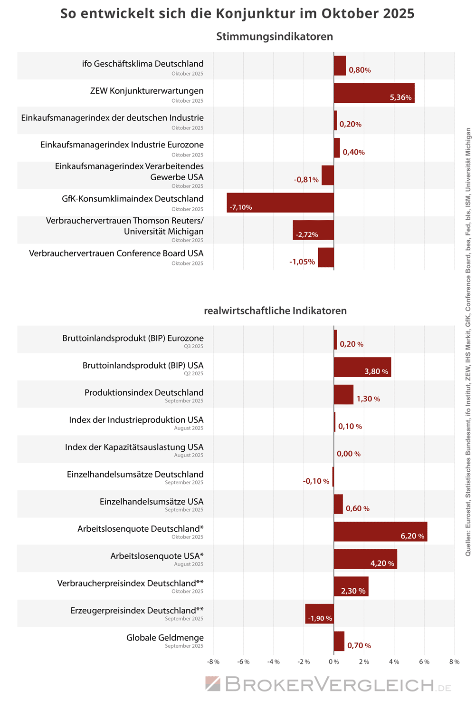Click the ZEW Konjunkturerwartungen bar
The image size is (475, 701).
[374, 93]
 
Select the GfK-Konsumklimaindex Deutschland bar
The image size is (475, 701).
[280, 202]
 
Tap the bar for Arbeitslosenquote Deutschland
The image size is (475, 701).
[380, 531]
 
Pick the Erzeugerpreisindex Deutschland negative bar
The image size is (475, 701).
[319, 613]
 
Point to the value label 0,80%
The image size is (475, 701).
[360, 70]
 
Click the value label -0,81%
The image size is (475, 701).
[306, 180]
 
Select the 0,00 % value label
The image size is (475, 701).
[348, 454]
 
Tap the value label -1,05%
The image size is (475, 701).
[302, 262]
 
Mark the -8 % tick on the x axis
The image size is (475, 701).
[213, 662]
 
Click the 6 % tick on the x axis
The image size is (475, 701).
[424, 662]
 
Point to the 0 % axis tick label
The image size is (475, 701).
[333, 662]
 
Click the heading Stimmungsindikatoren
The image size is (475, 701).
[275, 37]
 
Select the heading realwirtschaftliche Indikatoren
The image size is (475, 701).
[275, 311]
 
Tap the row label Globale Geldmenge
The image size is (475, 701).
[165, 638]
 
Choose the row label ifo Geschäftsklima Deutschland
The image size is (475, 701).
[142, 64]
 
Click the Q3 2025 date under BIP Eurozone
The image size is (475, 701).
[193, 346]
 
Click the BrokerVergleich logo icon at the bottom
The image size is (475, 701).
[212, 684]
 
